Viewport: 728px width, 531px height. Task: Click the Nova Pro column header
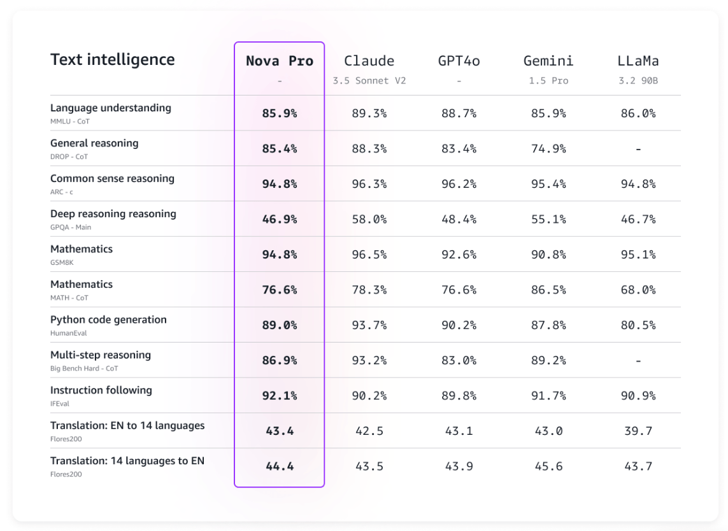(280, 61)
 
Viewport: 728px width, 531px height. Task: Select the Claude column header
(369, 61)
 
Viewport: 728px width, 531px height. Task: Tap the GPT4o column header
(459, 61)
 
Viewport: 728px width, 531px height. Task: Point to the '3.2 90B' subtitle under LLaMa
(638, 81)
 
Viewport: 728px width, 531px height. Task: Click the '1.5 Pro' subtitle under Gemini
(548, 81)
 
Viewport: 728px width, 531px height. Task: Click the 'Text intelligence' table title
(112, 60)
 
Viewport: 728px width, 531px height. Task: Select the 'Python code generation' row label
(108, 320)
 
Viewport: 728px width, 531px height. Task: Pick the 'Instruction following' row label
(101, 390)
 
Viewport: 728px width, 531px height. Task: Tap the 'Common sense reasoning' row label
(112, 178)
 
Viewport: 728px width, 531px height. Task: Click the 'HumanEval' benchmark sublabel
(68, 333)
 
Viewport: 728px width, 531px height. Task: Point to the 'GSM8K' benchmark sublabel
(62, 262)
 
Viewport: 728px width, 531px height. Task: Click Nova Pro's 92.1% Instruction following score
(280, 395)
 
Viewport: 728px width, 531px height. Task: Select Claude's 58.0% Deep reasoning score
(369, 219)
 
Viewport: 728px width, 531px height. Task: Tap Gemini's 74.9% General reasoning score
(548, 148)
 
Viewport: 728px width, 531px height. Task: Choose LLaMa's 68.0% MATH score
(638, 290)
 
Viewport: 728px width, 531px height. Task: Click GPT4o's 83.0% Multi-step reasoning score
(459, 360)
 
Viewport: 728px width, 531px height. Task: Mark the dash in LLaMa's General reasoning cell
(638, 149)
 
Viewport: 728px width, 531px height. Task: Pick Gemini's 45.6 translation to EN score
(548, 466)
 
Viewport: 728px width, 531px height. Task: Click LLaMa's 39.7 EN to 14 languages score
(638, 431)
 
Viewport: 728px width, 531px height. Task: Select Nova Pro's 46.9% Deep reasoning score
(280, 219)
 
